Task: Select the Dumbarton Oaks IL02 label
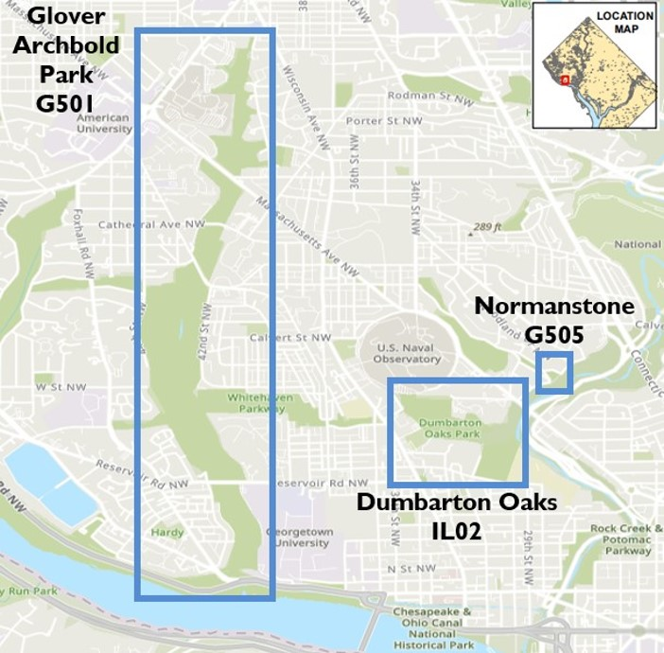(x=457, y=516)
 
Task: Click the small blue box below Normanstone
(x=553, y=373)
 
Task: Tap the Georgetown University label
(x=300, y=538)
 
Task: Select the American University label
(x=102, y=124)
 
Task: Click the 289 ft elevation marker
(x=485, y=227)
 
